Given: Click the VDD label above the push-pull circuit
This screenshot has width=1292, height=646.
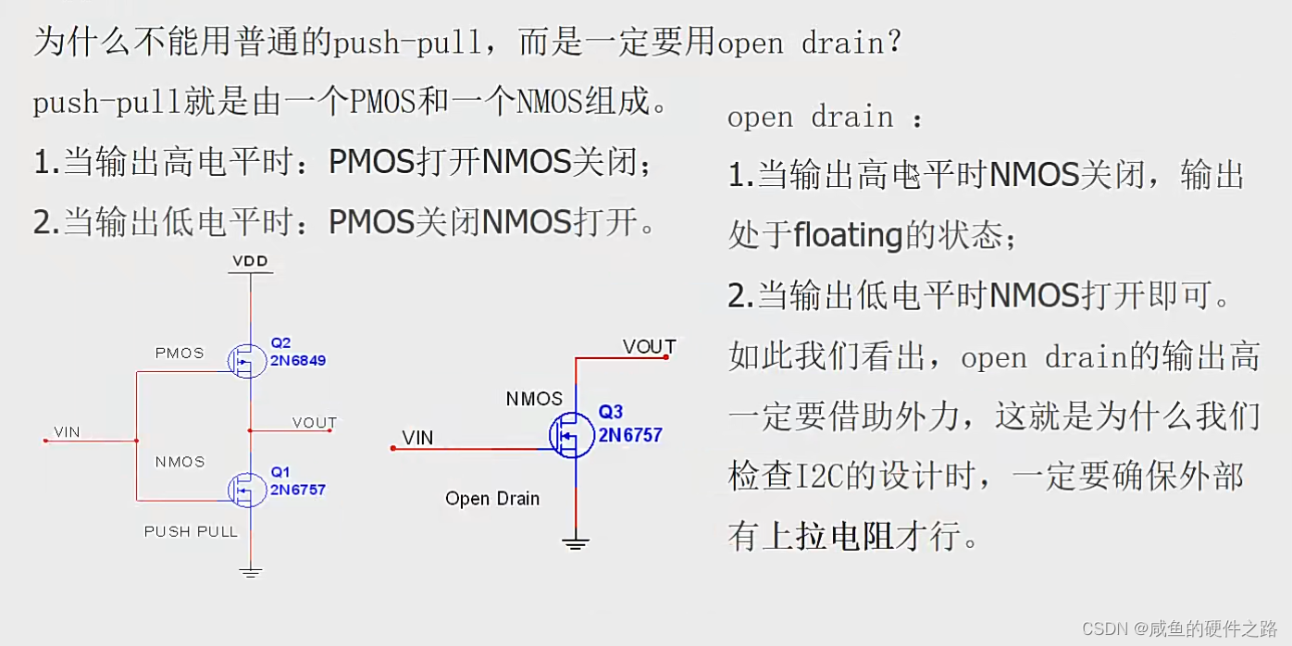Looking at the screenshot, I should tap(250, 261).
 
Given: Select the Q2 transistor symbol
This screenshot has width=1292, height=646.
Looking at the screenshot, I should tap(246, 361).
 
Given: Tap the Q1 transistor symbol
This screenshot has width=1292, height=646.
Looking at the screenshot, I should tap(246, 489).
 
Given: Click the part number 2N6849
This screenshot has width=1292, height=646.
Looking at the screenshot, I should tap(298, 360).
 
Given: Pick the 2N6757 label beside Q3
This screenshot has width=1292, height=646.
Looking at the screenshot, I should tap(630, 434).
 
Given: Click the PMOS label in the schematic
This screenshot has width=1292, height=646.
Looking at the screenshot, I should tap(180, 353).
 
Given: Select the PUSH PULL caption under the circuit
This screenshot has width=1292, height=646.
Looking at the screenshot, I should tap(191, 531).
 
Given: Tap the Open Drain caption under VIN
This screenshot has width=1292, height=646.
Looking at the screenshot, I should tap(491, 499).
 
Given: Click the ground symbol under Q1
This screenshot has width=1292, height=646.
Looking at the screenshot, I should tap(250, 572).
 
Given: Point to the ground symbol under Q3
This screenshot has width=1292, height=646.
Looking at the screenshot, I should tap(576, 542).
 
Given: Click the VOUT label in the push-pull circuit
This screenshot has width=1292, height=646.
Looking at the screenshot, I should tap(315, 423).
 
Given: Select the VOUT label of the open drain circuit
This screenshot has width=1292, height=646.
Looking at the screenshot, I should tap(649, 347).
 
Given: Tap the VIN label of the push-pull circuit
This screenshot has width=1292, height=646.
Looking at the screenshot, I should tap(67, 431).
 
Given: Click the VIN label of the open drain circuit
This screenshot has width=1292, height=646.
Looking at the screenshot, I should tap(417, 438).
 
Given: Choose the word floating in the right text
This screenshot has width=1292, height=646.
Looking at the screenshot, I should tap(848, 236).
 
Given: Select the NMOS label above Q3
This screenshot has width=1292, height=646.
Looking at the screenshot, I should tap(534, 399).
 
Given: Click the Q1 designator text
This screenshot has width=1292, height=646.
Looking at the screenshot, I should tap(280, 472).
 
